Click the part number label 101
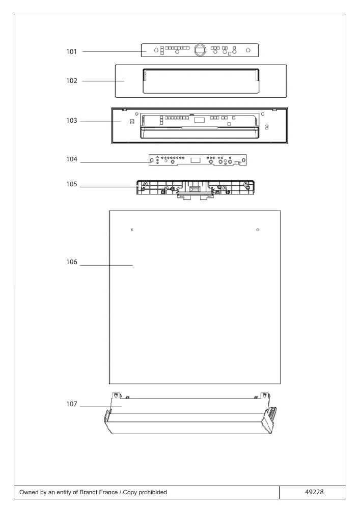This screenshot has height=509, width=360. coord(71,51)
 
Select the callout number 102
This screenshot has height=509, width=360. coord(72,81)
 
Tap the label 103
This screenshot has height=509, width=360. coord(72,121)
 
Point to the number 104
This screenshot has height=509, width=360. coord(72,159)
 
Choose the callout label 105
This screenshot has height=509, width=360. coord(72,184)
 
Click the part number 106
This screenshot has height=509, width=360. coord(72,262)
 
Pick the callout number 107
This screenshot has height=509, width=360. coord(72,404)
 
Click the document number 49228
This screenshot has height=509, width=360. coord(314,492)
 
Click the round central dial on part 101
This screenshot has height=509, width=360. coord(200,50)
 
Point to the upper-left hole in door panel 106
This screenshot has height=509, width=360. coord(132,230)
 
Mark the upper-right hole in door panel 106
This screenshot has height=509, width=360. coord(258,230)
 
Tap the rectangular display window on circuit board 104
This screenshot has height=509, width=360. coord(196,160)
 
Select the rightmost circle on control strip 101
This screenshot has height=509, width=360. coord(248,50)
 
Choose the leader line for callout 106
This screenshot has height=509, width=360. coord(106,265)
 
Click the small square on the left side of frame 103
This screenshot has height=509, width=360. coord(132,122)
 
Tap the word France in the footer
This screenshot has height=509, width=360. coord(109,492)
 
